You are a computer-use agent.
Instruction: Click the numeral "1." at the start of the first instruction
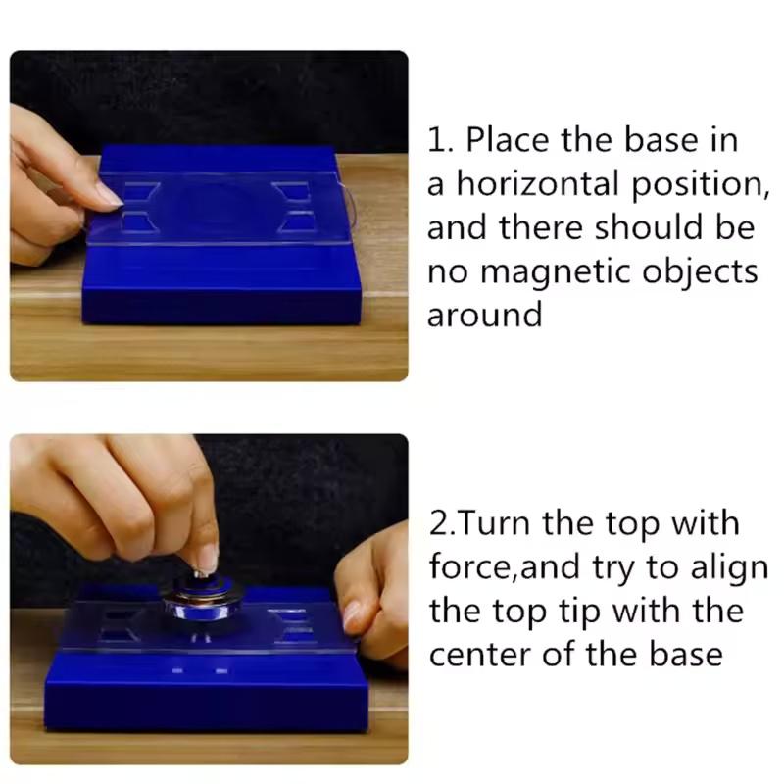(441, 140)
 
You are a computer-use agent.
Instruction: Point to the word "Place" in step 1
(509, 140)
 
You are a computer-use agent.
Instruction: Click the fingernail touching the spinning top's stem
(207, 560)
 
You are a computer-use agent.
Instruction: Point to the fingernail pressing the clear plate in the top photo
(108, 195)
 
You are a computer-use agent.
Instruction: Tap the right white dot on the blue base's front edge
(221, 671)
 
